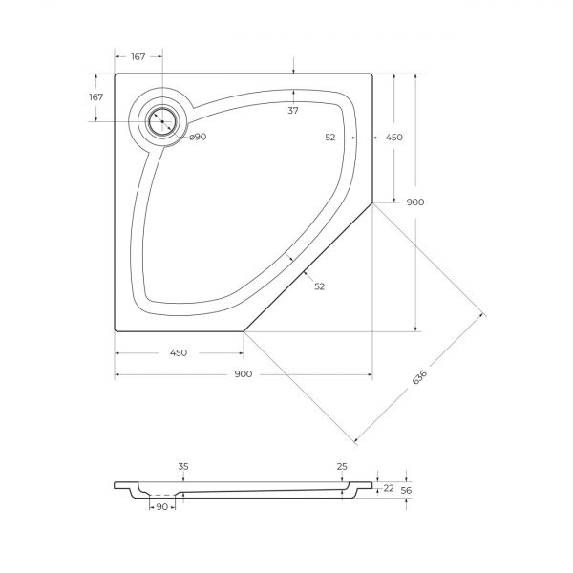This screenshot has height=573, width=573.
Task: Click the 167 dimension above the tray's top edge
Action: click(138, 56)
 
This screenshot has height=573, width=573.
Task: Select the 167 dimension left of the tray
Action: click(96, 96)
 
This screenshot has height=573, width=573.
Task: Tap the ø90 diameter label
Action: click(198, 137)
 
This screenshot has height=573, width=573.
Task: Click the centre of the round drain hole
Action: click(162, 121)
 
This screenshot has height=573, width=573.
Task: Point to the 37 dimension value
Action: click(293, 111)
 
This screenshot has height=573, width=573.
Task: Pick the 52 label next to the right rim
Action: click(330, 137)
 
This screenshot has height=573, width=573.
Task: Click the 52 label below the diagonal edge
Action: click(319, 286)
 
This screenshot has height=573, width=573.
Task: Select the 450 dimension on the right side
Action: click(394, 137)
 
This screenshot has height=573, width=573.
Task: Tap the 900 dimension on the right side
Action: click(415, 202)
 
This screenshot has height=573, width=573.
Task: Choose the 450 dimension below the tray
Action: click(179, 353)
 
